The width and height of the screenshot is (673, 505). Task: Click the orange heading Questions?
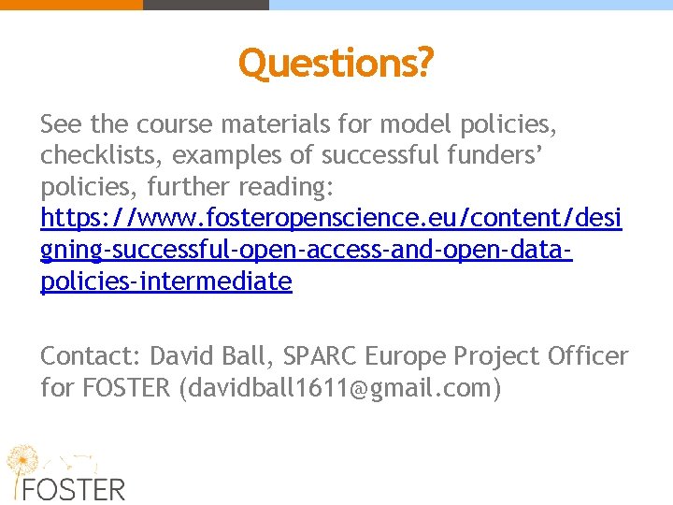tap(336, 63)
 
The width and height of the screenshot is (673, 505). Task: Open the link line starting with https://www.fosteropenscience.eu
tap(331, 219)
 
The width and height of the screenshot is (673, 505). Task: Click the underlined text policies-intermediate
tap(166, 281)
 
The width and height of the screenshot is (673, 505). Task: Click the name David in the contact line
tap(182, 356)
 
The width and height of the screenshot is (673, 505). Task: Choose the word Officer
tap(589, 356)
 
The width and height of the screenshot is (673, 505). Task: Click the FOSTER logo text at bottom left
tap(75, 489)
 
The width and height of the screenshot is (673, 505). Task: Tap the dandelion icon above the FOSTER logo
tap(26, 460)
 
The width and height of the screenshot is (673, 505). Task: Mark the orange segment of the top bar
tap(71, 5)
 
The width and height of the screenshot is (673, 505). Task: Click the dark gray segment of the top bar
tap(206, 5)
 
